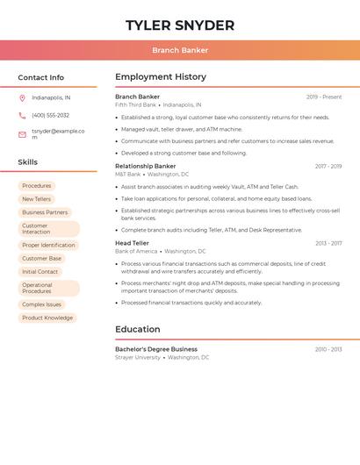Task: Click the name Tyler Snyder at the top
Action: point(180,25)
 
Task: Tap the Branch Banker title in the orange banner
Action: point(180,51)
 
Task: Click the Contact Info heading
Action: point(41,77)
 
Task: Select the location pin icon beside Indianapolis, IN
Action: point(22,98)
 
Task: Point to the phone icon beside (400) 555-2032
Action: point(22,116)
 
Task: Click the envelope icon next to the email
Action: point(22,134)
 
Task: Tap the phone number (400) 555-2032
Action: point(50,116)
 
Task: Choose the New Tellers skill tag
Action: point(36,199)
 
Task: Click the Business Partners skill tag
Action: point(45,212)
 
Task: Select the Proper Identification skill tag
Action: point(48,246)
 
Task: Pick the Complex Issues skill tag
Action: point(41,304)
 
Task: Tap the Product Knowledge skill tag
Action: point(47,318)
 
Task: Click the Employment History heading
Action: point(161,77)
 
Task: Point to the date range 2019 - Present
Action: point(324,97)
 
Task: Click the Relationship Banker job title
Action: point(146,166)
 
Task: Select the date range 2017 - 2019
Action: point(328,166)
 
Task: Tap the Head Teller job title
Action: point(132,243)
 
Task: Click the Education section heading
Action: point(138,330)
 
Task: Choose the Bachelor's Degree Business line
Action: point(156,349)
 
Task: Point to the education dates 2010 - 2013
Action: point(328,349)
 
